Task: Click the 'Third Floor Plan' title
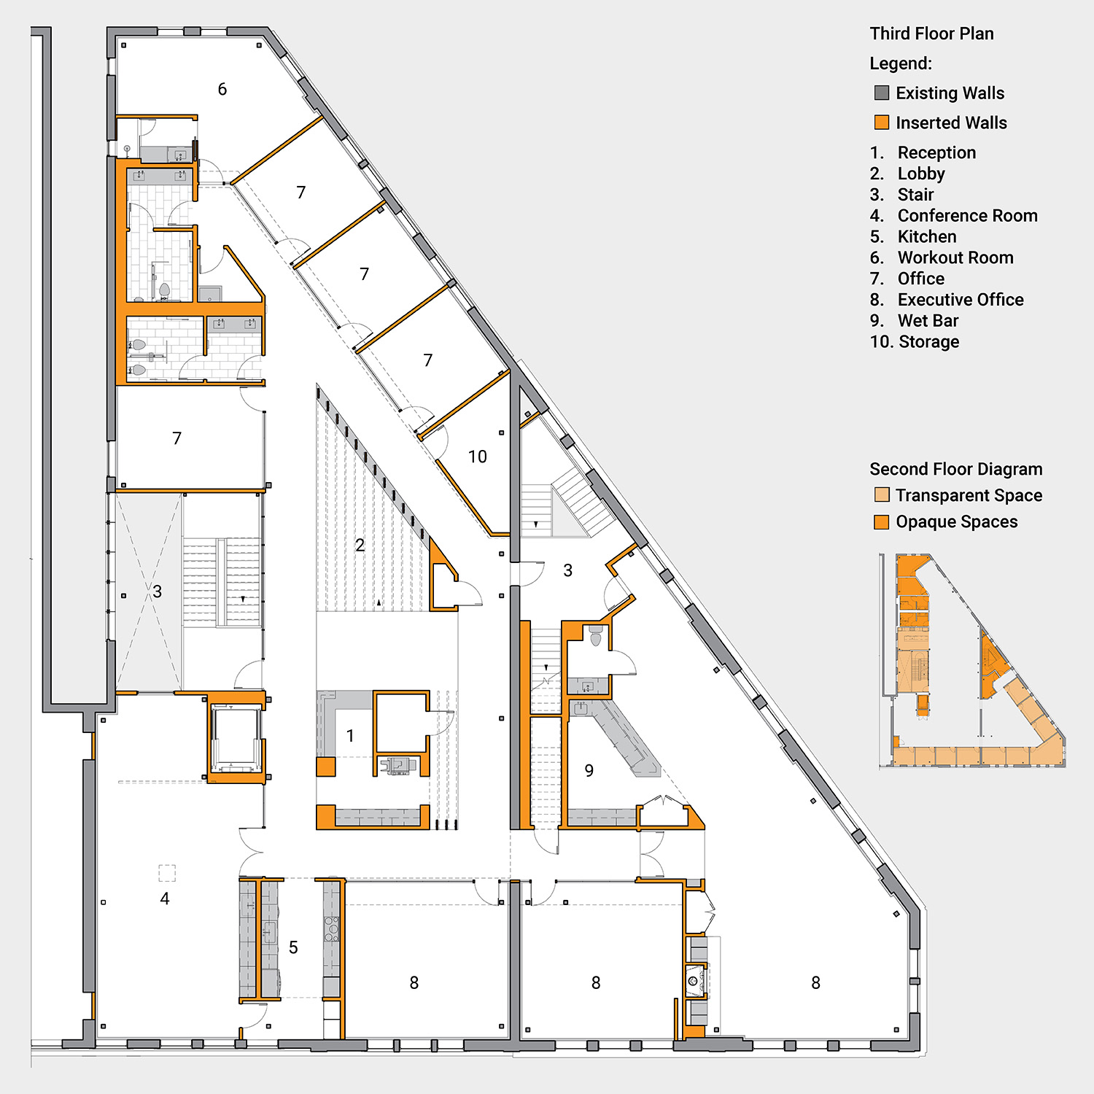click(931, 34)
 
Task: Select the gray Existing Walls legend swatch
click(882, 93)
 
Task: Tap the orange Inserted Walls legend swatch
click(882, 123)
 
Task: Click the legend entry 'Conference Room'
click(967, 216)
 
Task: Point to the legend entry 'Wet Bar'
click(928, 321)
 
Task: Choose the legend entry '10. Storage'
click(915, 342)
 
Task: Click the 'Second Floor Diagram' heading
click(955, 469)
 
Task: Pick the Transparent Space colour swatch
click(882, 495)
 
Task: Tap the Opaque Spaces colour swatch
click(882, 521)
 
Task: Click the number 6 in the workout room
click(222, 89)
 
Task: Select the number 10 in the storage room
click(477, 457)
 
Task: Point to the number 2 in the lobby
click(360, 545)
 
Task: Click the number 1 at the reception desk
click(350, 736)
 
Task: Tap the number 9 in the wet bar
click(589, 770)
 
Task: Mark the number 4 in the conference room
click(165, 899)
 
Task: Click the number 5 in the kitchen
click(293, 947)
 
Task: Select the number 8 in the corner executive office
click(815, 983)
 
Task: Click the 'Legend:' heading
click(901, 63)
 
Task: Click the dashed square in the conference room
click(167, 873)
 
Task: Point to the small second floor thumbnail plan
click(973, 661)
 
